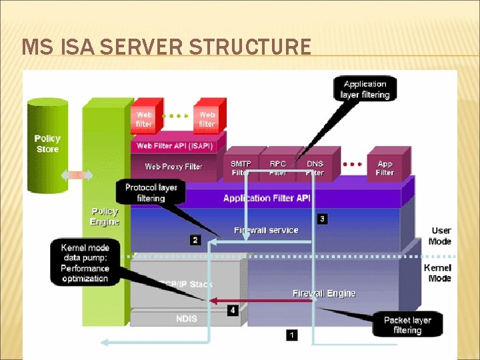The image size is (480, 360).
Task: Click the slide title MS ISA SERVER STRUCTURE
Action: pos(166,47)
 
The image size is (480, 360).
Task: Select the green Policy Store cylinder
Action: pos(47,144)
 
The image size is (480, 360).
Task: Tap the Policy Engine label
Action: pos(105,217)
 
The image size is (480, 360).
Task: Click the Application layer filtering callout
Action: pos(365,89)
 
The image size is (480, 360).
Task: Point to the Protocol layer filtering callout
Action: pos(151,193)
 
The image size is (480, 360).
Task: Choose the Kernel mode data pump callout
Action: pos(85,263)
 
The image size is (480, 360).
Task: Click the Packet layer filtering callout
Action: pos(407,325)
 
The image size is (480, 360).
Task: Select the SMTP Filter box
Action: pos(241,168)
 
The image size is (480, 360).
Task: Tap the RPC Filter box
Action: pos(278,168)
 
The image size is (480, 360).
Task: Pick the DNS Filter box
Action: pos(315,168)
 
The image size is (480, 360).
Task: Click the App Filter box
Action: pos(385,168)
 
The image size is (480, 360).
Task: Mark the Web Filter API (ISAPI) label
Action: pos(175,145)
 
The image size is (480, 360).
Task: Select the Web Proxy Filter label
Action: pos(173,167)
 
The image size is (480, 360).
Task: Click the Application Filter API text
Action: pos(266,198)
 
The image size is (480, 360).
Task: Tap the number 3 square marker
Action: pos(322,219)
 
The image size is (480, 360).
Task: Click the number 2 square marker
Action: pos(195,240)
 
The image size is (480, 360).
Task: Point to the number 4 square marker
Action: pos(232,311)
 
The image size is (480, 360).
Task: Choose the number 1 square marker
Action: pos(291,335)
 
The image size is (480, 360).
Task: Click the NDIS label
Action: pos(187,319)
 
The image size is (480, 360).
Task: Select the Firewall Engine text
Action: pos(324,293)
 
